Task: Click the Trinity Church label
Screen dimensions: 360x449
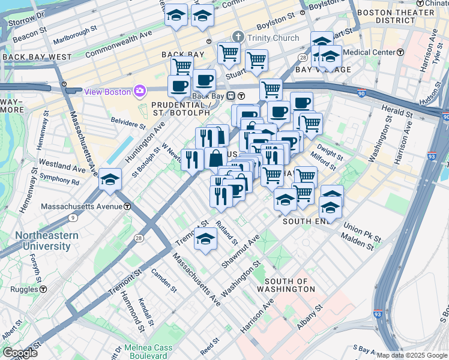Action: [x=271, y=38]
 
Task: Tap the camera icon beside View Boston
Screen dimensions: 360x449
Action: [x=140, y=91]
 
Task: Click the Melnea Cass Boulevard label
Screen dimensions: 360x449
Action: [x=148, y=352]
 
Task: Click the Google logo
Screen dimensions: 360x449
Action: [x=20, y=353]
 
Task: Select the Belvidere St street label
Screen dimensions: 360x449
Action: [x=128, y=123]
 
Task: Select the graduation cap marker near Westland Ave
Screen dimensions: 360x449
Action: [x=110, y=179]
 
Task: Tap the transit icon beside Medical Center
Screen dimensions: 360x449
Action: [x=400, y=52]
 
